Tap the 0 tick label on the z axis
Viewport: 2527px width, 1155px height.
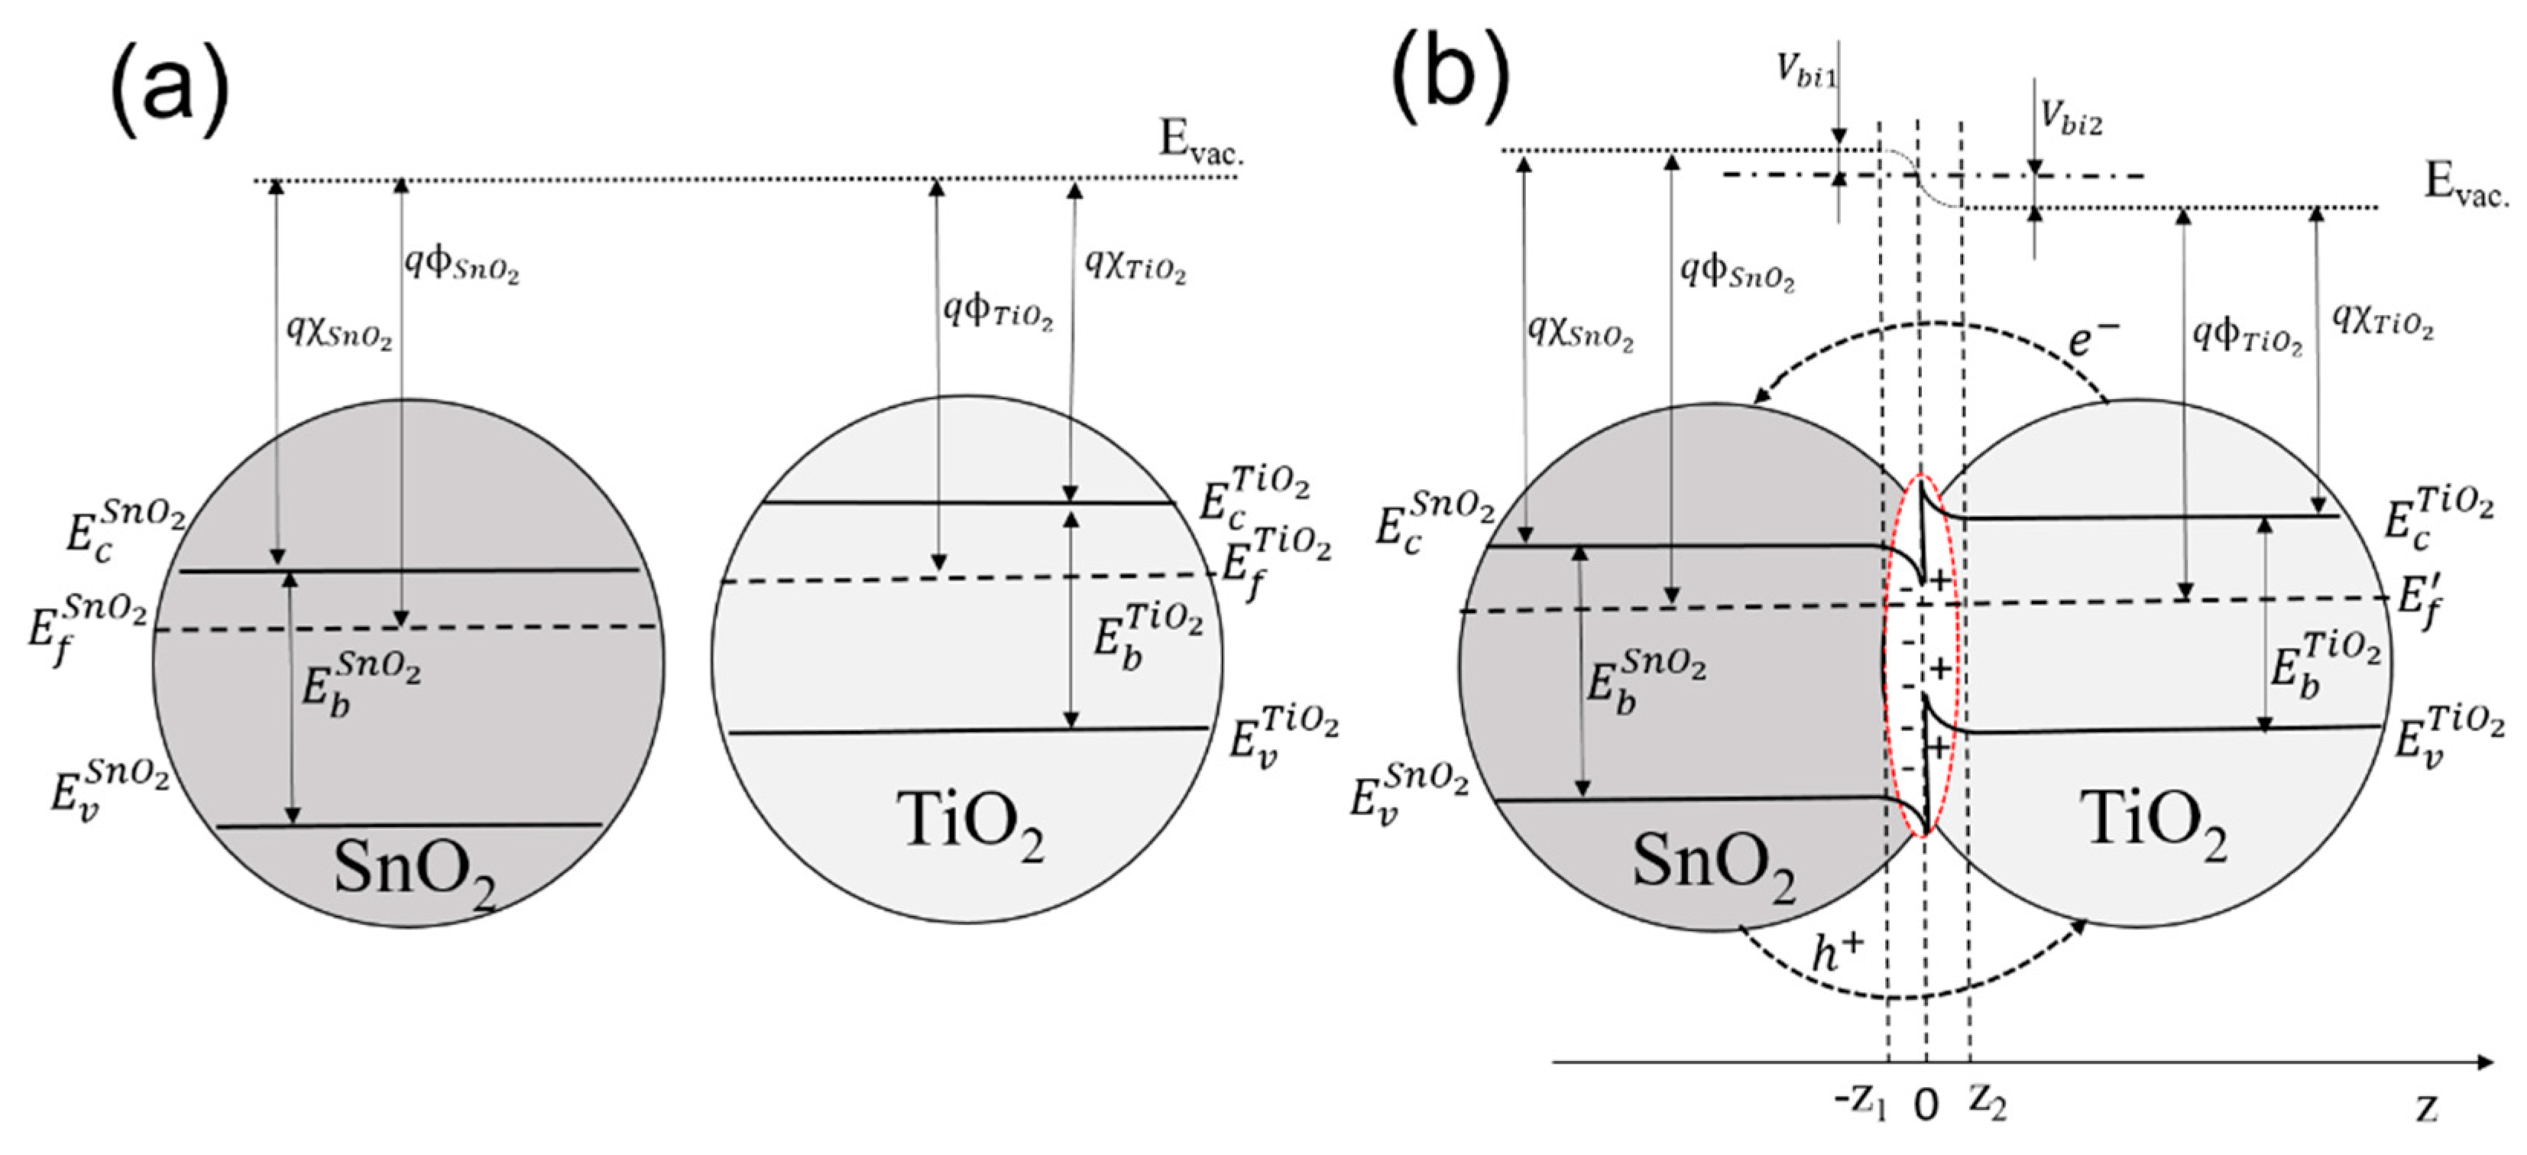click(1926, 1106)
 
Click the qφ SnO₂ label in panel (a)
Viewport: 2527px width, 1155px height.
click(461, 264)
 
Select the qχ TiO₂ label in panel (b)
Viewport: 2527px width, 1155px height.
click(2382, 319)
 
